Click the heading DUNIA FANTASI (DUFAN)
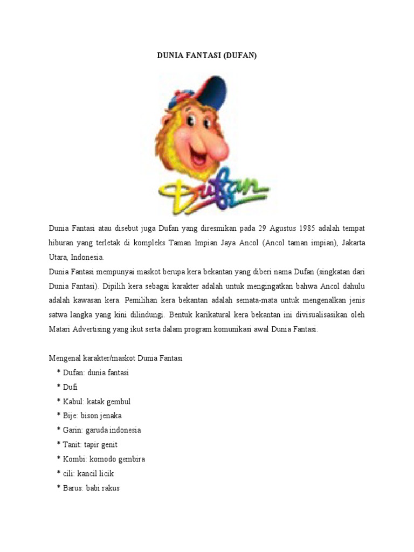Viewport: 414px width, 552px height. coord(207,55)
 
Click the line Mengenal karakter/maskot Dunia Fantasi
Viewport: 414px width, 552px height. coord(116,358)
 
